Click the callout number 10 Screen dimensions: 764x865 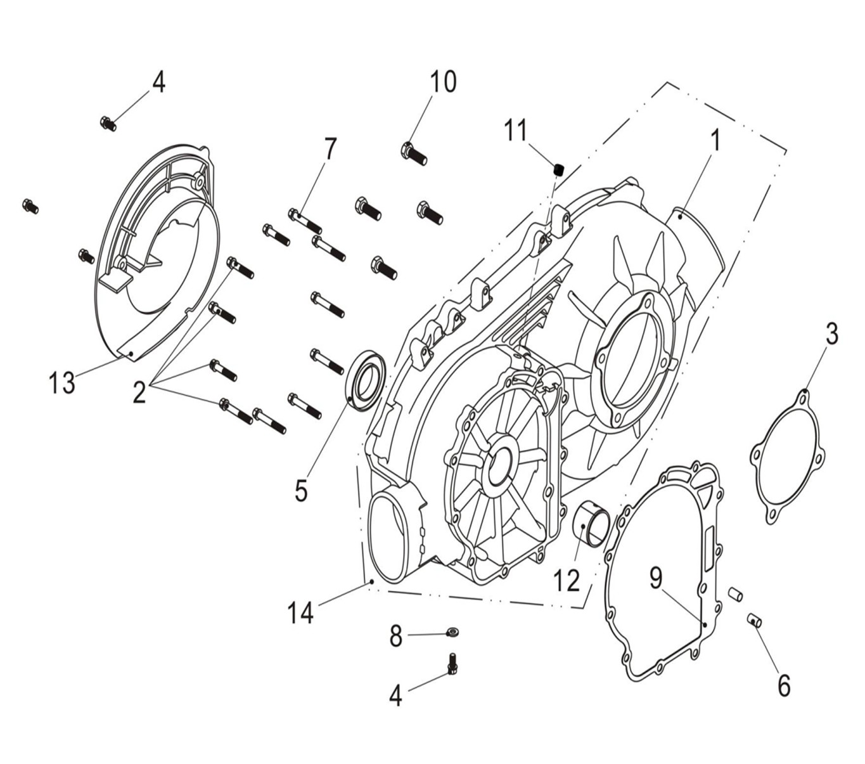click(443, 82)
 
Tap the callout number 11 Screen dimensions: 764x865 click(515, 131)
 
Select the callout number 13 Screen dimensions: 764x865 click(62, 382)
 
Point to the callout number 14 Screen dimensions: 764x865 click(300, 612)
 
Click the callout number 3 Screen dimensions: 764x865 click(831, 333)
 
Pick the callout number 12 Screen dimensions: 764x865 click(566, 580)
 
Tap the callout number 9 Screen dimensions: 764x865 click(656, 578)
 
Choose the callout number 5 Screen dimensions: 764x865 click(300, 490)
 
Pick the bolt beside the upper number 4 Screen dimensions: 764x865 click(108, 122)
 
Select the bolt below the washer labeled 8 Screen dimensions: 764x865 click(452, 664)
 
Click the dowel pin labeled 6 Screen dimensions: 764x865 click(753, 619)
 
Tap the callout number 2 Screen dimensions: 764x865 click(139, 392)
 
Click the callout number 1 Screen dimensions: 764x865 click(715, 140)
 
